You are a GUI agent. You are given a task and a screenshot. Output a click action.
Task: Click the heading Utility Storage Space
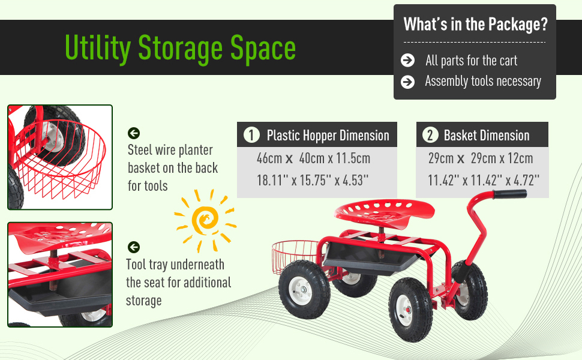(181, 48)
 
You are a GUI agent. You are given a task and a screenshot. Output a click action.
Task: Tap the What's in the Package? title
(475, 25)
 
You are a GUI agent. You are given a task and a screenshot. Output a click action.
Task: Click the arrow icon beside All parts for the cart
(407, 60)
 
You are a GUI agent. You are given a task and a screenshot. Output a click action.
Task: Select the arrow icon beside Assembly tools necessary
(407, 82)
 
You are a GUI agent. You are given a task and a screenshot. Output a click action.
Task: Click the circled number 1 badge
(251, 135)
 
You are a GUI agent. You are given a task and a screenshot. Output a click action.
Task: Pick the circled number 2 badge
(430, 135)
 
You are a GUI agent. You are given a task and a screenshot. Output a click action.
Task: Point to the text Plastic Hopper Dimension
(328, 136)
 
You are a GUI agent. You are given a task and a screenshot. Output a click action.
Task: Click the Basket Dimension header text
(487, 136)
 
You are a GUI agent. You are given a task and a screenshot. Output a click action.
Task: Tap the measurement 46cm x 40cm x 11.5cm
(313, 158)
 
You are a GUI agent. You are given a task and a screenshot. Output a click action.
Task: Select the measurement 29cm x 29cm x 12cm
(480, 158)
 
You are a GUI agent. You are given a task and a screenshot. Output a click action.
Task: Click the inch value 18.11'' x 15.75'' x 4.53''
(313, 181)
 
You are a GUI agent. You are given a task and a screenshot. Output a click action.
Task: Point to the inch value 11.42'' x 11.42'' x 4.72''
(483, 181)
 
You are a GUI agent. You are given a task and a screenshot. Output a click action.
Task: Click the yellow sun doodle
(205, 220)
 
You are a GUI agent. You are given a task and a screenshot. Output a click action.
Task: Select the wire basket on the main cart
(295, 257)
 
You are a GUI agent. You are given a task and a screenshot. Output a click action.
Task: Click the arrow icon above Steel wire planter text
(134, 133)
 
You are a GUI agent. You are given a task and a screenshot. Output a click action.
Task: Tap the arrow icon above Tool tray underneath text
(134, 247)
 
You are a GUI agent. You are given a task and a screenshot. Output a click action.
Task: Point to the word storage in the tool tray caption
(143, 301)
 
